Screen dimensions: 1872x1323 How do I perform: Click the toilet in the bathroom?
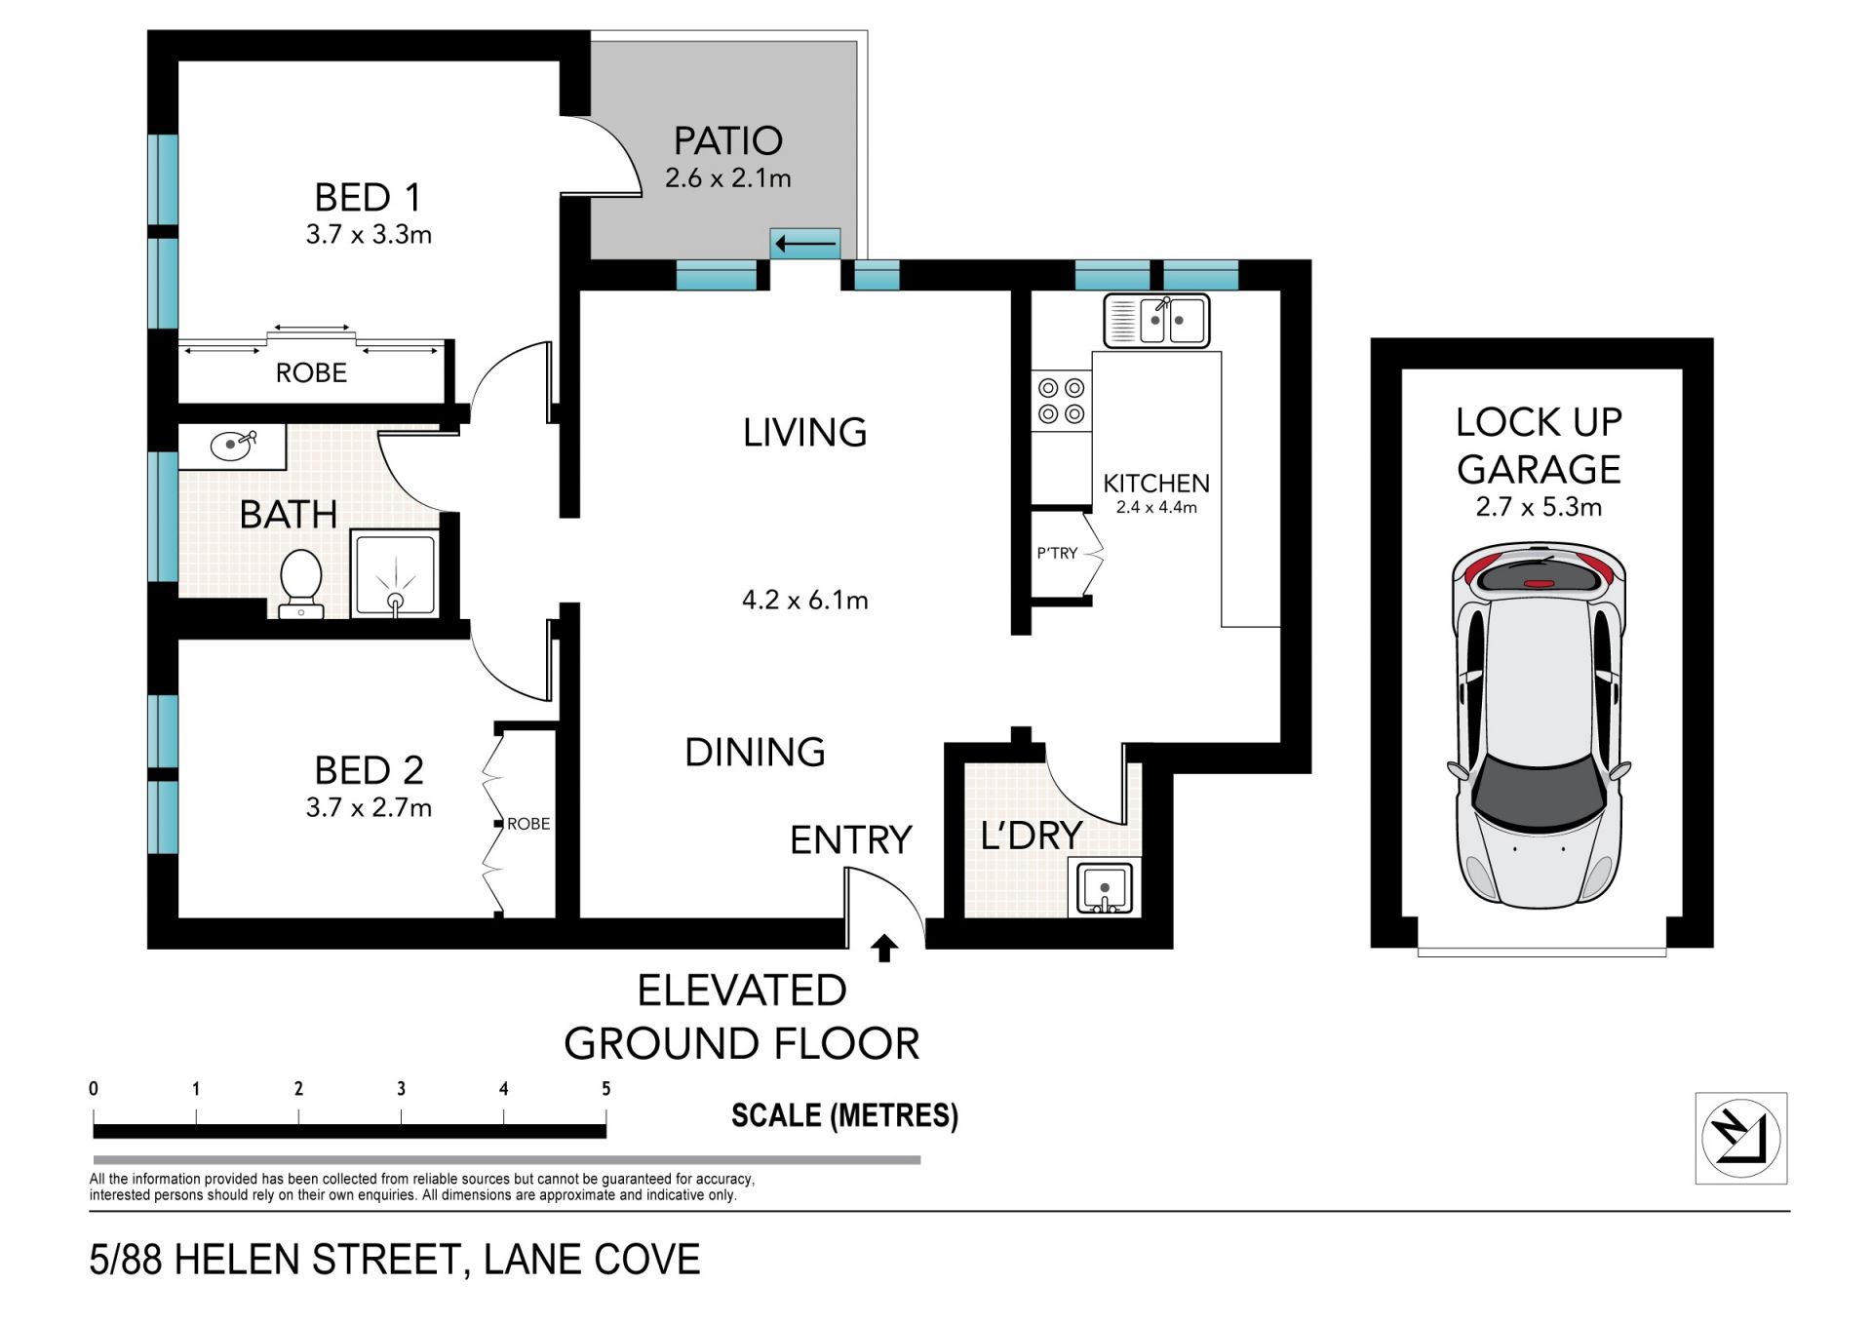[x=301, y=584]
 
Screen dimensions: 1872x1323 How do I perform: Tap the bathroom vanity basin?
[x=234, y=446]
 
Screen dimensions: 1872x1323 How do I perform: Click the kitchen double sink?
[x=1156, y=321]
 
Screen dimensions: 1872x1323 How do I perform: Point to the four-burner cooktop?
[x=1062, y=401]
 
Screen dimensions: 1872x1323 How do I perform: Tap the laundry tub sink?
[x=1105, y=888]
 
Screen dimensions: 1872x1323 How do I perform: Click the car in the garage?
[x=1540, y=725]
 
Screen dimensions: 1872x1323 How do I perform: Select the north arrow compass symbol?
[x=1741, y=1138]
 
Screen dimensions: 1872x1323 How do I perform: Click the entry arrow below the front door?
[x=884, y=949]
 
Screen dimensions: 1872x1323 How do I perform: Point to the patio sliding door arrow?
[x=805, y=244]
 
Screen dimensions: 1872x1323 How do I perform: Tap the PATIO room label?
[x=728, y=141]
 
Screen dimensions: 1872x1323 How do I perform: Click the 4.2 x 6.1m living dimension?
[x=805, y=600]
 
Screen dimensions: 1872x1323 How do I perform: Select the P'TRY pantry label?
[x=1057, y=553]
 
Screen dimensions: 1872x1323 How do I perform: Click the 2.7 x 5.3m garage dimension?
[x=1539, y=507]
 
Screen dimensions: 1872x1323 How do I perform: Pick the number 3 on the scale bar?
[x=401, y=1089]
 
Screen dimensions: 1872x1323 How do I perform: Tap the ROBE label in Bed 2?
[x=528, y=824]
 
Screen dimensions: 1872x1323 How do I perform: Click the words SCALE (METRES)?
[x=844, y=1115]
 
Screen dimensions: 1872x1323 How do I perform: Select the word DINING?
[x=756, y=753]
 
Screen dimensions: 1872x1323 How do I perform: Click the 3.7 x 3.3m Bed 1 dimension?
[x=369, y=235]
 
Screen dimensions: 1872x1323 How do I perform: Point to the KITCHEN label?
[x=1156, y=484]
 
